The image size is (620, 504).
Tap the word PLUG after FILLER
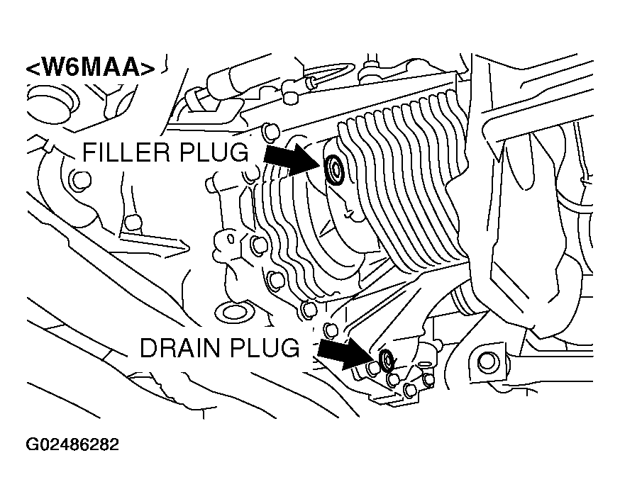(216, 152)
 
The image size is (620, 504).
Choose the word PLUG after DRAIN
(270, 348)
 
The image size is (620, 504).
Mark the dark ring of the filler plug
(333, 169)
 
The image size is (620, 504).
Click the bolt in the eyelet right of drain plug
(487, 361)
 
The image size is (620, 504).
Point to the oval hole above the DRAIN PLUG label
(233, 312)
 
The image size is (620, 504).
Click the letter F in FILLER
(90, 152)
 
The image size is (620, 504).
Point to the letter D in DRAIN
(148, 348)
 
